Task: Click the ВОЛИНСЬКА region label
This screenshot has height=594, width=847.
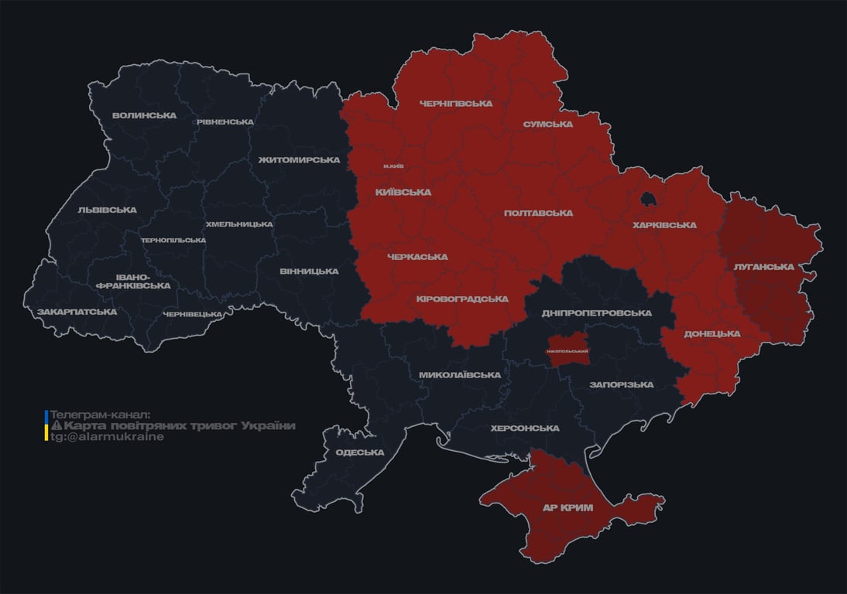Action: [x=144, y=116]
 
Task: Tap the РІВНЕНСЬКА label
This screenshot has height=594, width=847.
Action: [x=225, y=122]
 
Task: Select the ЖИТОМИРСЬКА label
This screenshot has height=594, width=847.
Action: [x=299, y=160]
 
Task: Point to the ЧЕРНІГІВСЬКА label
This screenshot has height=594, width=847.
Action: [x=456, y=104]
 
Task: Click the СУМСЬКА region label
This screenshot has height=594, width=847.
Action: [x=547, y=124]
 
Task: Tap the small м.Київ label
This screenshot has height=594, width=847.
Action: [x=393, y=166]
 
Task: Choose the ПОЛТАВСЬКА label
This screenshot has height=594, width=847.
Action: [x=538, y=213]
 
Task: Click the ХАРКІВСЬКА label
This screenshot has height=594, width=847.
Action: [x=664, y=226]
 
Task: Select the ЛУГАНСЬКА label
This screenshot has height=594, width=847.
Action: [x=764, y=267]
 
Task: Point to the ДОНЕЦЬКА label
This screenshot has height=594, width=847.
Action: [x=712, y=334]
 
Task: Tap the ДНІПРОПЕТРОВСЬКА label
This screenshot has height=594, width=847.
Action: [x=596, y=313]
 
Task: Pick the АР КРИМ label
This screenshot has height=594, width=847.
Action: [x=568, y=508]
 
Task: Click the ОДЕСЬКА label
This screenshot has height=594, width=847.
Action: [x=360, y=452]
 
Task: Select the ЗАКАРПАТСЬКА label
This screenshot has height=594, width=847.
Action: [x=77, y=312]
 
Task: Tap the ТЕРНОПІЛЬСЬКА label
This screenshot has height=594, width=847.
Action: [x=173, y=241]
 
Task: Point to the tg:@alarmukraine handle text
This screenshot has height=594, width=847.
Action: [x=107, y=437]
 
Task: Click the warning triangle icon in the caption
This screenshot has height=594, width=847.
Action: [x=56, y=426]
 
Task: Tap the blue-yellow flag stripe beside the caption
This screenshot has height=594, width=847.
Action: [x=46, y=425]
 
